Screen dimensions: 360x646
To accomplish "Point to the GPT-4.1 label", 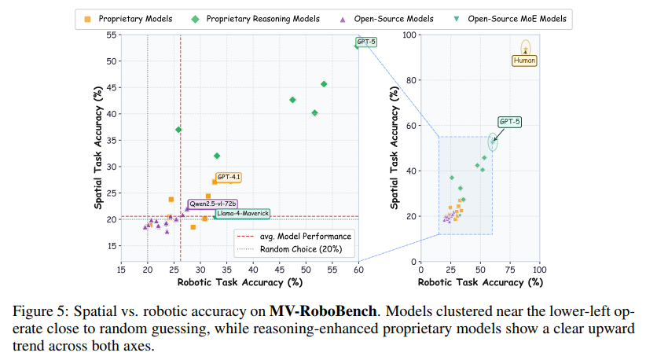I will pyautogui.click(x=229, y=178).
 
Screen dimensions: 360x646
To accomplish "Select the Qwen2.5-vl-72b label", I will pyautogui.click(x=212, y=204).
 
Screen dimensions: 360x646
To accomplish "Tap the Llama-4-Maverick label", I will pyautogui.click(x=243, y=213).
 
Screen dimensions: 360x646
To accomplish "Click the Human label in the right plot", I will pyautogui.click(x=524, y=60).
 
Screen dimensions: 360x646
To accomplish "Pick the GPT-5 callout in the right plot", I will pyautogui.click(x=509, y=122).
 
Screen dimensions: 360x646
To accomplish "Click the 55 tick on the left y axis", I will pyautogui.click(x=112, y=35).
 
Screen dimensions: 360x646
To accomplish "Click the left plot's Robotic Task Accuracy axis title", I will pyautogui.click(x=240, y=281).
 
